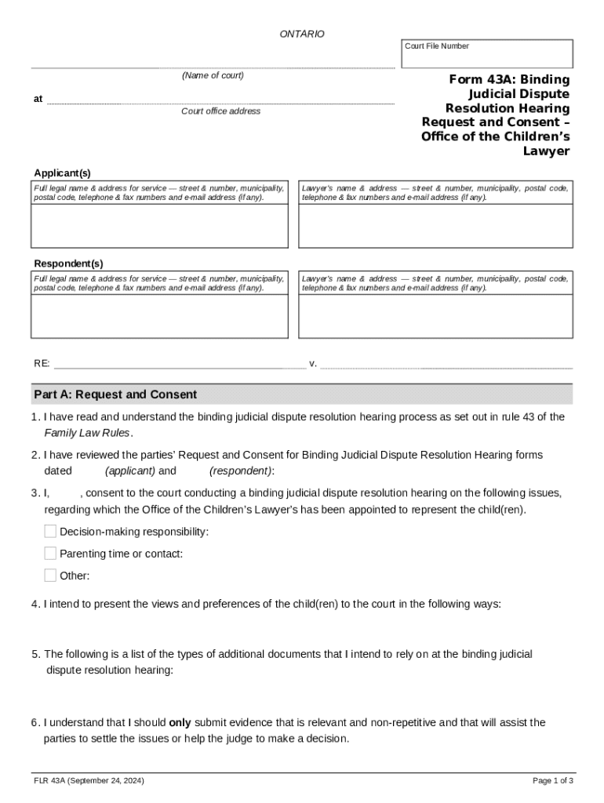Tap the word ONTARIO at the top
(302, 35)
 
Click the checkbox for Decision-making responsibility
(51, 532)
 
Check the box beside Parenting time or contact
(51, 554)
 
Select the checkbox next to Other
(51, 576)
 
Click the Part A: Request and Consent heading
(115, 394)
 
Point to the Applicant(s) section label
(62, 173)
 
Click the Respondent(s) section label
(68, 263)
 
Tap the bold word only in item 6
(180, 722)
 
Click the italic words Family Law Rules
(87, 433)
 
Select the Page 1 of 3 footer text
(553, 781)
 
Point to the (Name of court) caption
(213, 76)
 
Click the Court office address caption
(220, 111)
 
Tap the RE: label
(42, 364)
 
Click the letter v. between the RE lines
(313, 364)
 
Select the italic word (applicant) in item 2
(130, 471)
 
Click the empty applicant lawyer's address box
(435, 226)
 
